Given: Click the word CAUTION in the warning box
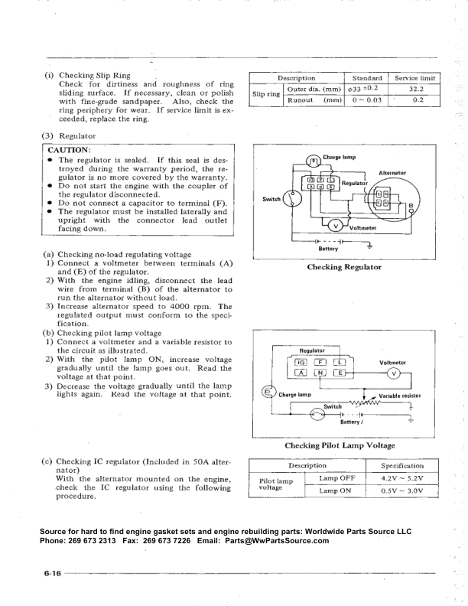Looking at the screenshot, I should (70, 148).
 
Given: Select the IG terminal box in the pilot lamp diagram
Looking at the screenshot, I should (295, 363).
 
